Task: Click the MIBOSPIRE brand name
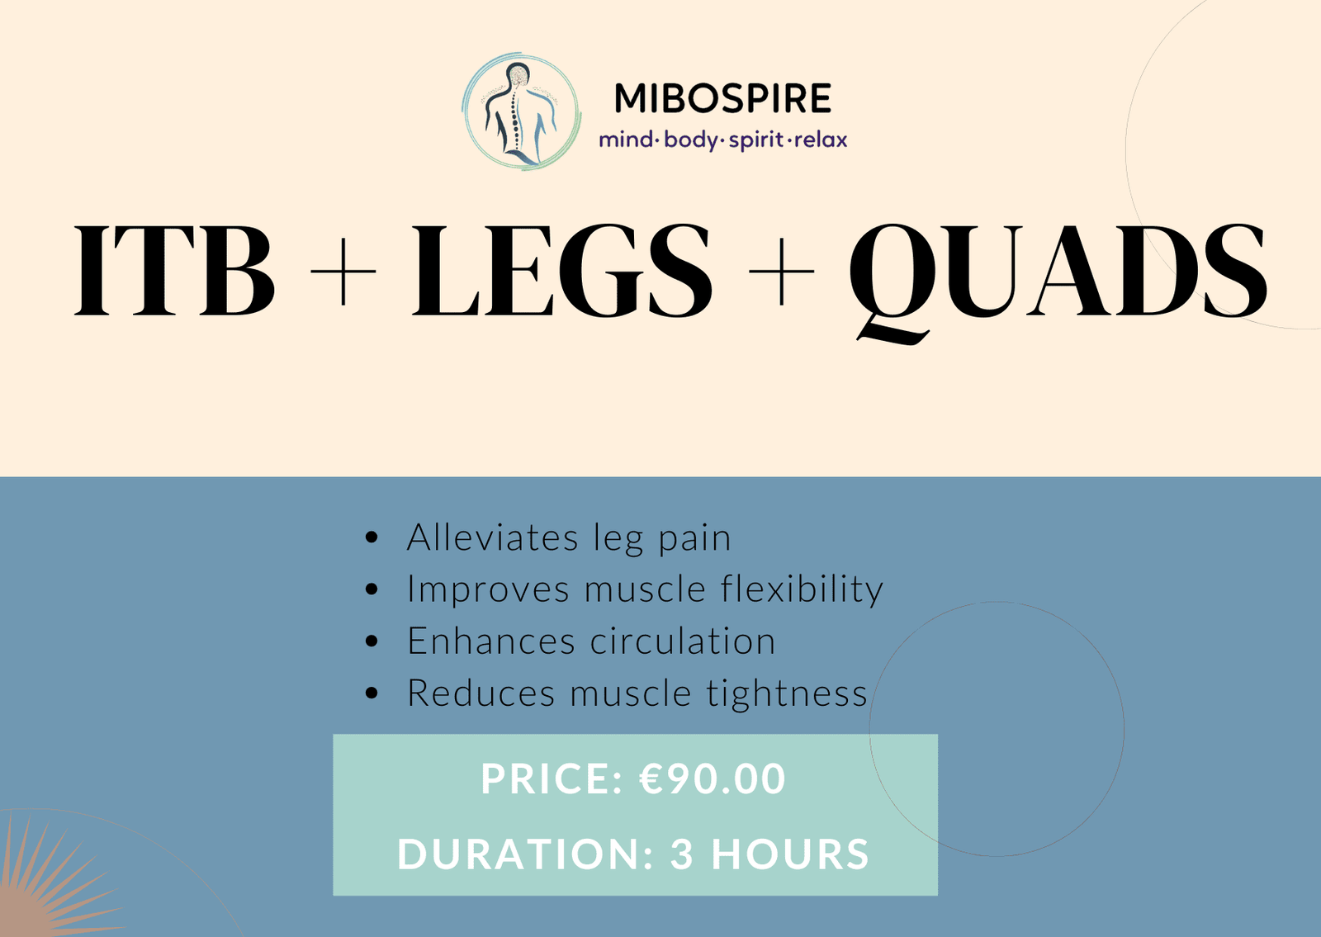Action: click(x=722, y=98)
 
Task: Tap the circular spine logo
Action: click(x=521, y=111)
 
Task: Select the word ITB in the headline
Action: click(x=174, y=270)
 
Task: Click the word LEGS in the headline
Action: click(x=562, y=270)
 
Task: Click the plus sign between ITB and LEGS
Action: click(x=343, y=272)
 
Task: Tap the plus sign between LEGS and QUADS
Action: click(x=781, y=272)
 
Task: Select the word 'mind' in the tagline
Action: click(x=626, y=140)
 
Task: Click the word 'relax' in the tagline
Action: click(x=821, y=140)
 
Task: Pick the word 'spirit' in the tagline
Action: click(x=756, y=141)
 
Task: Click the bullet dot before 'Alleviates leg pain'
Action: click(x=372, y=537)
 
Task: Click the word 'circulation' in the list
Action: click(x=683, y=641)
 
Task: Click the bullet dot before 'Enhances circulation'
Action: click(x=372, y=641)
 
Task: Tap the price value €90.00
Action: click(x=713, y=778)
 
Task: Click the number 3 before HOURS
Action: click(x=682, y=854)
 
